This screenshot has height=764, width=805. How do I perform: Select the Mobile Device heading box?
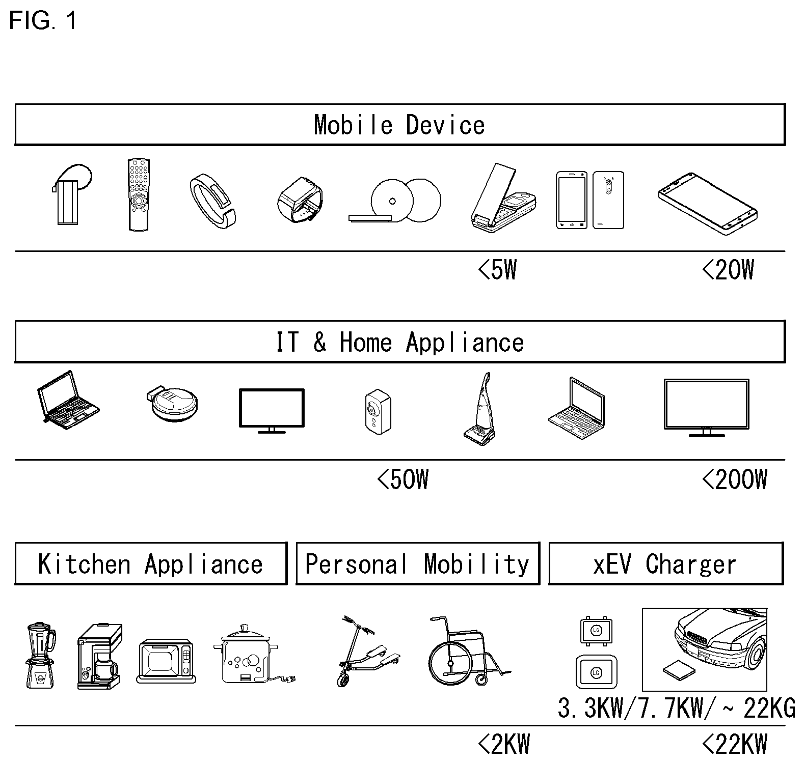point(400,125)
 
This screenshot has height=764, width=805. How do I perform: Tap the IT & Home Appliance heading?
point(400,342)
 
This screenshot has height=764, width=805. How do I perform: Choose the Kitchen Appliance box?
point(151,563)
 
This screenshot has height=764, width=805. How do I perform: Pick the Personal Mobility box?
point(418,563)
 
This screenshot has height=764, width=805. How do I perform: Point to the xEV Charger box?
point(666,563)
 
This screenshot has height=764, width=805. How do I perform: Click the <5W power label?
point(498,270)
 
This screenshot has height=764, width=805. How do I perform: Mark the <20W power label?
point(728,270)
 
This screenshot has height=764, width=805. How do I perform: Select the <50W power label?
point(403,479)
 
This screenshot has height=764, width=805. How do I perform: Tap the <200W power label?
point(735,479)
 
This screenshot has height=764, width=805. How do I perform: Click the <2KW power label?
point(504,745)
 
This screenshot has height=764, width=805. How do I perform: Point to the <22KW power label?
point(735,745)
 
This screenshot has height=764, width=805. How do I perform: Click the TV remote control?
point(139,195)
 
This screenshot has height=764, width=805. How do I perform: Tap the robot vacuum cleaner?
point(172,405)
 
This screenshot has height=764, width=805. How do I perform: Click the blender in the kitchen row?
point(41,656)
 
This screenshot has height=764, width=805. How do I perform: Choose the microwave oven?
point(166,661)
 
